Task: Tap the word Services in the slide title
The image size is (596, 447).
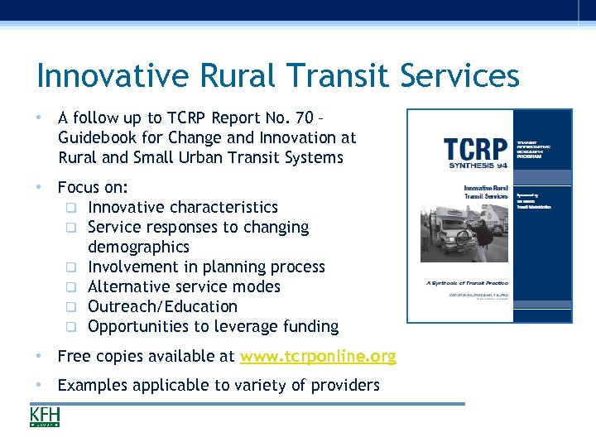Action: coord(460,76)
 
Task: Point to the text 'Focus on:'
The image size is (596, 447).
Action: coord(93,187)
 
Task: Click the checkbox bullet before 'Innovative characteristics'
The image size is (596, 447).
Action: coord(72,208)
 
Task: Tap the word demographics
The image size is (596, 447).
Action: coord(138,247)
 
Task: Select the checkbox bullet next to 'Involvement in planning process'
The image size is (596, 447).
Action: coord(72,267)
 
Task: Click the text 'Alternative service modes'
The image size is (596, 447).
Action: coord(184,286)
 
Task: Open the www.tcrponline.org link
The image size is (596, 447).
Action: coord(317,357)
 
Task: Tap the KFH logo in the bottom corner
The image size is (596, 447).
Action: coord(45,416)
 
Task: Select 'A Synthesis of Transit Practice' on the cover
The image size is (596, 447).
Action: coord(467,282)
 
